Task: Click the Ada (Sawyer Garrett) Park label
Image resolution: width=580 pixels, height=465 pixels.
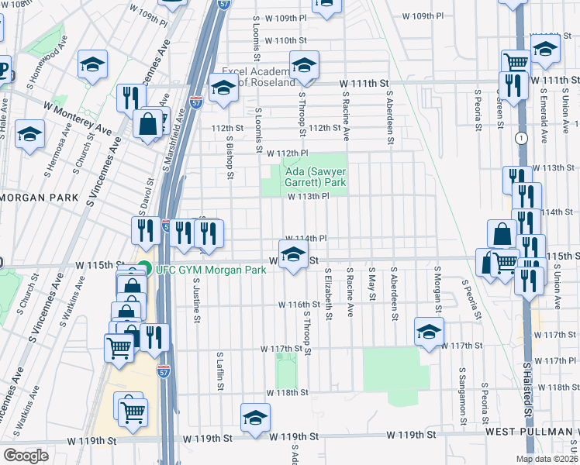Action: coord(308,176)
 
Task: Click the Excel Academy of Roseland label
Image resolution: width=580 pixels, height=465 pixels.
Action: coord(258,77)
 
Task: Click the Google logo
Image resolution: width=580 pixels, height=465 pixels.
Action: coord(25,455)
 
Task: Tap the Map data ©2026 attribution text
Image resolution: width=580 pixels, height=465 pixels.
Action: coord(547,459)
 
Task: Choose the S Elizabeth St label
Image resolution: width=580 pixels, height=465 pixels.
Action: coord(330,295)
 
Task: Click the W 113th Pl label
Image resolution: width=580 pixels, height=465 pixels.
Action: coord(309,197)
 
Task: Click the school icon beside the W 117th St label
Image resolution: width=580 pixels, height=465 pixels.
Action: coord(429,332)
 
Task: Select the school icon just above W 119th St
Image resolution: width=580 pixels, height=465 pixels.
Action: coord(255,417)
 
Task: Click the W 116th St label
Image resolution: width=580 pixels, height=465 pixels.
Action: coord(299,305)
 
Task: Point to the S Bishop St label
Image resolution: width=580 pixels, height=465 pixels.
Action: coord(230,156)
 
